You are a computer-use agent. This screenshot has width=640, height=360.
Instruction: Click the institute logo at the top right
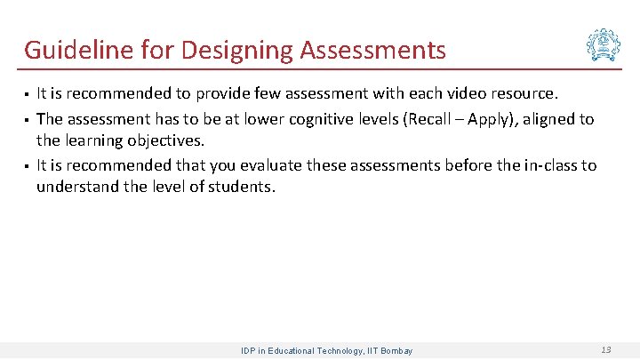click(x=604, y=44)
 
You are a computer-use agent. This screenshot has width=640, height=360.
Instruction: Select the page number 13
click(x=605, y=350)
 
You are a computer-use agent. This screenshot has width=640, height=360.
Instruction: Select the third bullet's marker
click(x=27, y=166)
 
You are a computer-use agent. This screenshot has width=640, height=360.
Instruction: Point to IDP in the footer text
click(x=249, y=351)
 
